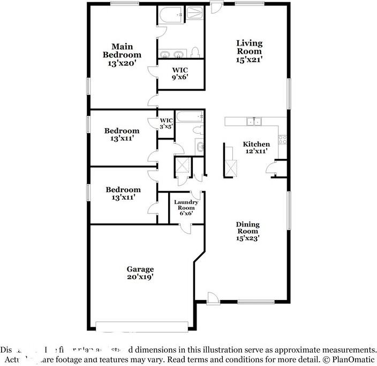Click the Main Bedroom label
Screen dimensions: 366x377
click(x=122, y=55)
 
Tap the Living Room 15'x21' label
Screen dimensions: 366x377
click(x=250, y=51)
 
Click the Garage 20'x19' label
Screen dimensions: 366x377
click(x=140, y=273)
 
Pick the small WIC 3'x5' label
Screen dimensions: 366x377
click(x=166, y=123)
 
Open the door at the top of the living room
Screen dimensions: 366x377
click(x=215, y=7)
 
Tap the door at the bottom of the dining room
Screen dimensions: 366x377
click(x=212, y=297)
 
